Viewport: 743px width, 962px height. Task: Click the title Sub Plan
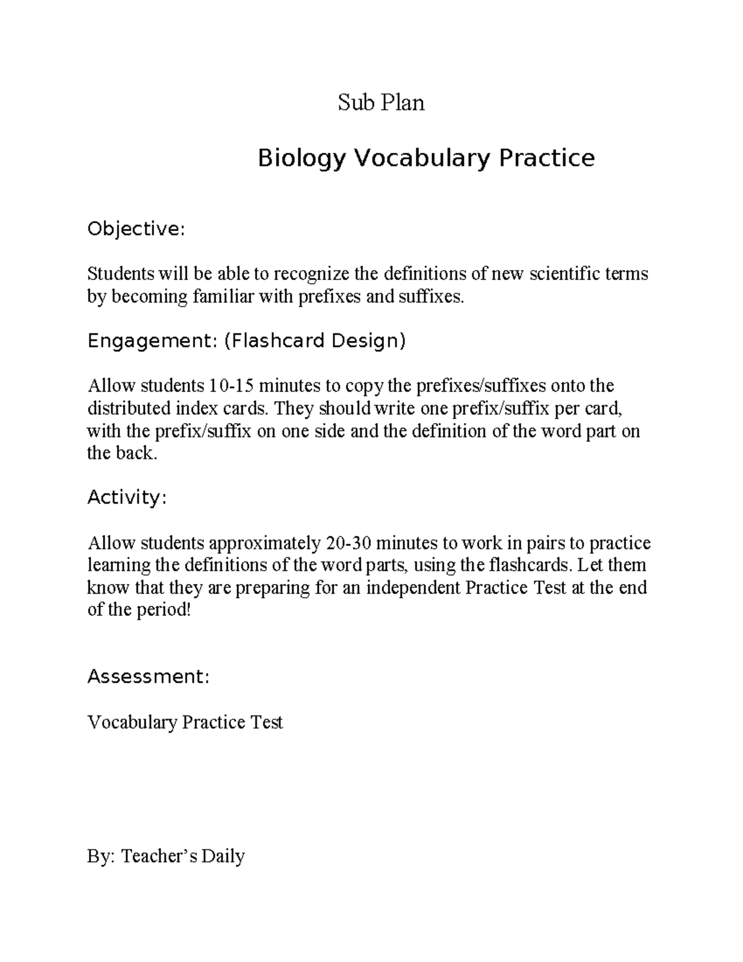[381, 102]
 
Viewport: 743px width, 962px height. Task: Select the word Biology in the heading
[300, 159]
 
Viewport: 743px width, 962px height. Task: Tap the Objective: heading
[136, 230]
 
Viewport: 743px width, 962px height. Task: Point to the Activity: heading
[127, 497]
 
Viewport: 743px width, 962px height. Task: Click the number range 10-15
[231, 386]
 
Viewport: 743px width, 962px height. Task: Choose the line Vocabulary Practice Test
[185, 722]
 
